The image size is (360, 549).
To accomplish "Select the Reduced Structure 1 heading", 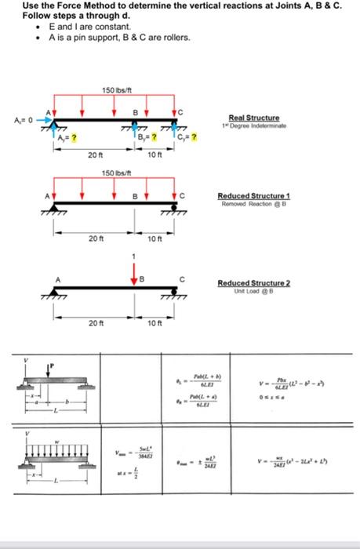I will (x=253, y=197).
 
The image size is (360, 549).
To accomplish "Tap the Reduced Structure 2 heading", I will (x=253, y=282).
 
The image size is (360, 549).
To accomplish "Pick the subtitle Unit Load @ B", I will (x=253, y=290).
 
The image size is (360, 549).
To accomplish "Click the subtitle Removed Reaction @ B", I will (x=253, y=205).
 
